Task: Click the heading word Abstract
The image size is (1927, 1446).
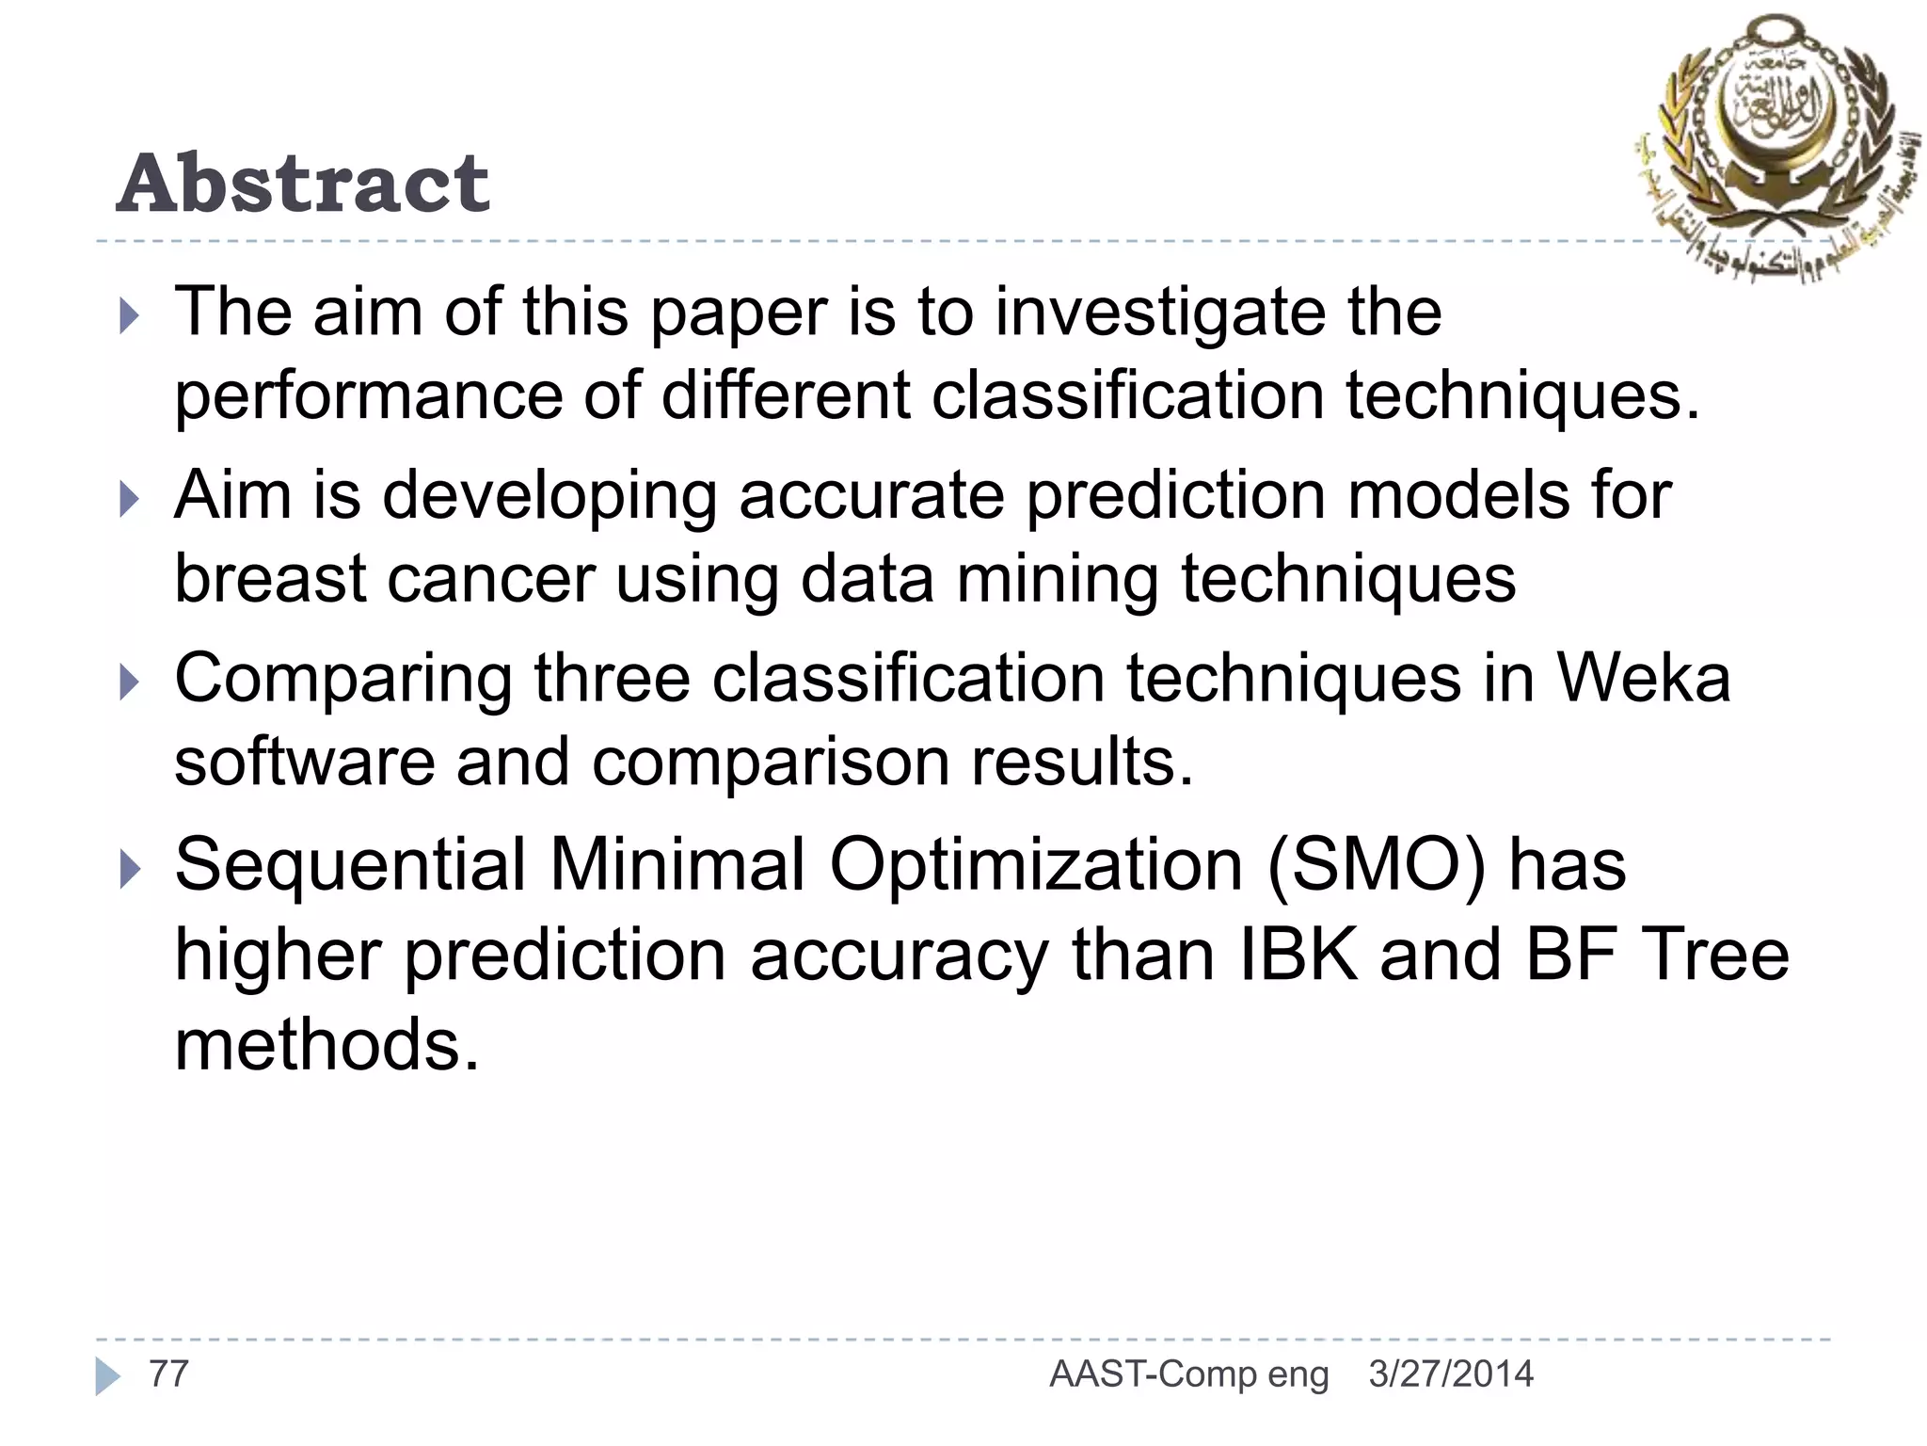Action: coord(303,184)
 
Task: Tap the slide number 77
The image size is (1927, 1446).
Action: coord(169,1374)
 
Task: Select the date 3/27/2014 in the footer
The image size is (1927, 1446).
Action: coord(1451,1374)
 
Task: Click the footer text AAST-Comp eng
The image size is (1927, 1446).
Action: coord(1189,1374)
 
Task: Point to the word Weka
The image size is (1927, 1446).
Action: coord(1643,678)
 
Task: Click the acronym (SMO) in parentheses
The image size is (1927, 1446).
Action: coord(1377,864)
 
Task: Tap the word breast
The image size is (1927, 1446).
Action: coord(270,578)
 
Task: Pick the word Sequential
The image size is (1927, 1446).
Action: coord(351,864)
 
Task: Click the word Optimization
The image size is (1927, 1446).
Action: coord(1036,864)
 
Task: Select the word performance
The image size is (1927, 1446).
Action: coord(368,395)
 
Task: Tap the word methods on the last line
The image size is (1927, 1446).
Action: coord(326,1045)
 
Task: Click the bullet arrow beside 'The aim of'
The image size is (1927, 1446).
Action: coord(130,316)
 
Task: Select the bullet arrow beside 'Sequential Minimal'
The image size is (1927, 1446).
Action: coord(130,870)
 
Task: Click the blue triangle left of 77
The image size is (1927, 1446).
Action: coord(107,1376)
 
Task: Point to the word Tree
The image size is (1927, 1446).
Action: coord(1715,955)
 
